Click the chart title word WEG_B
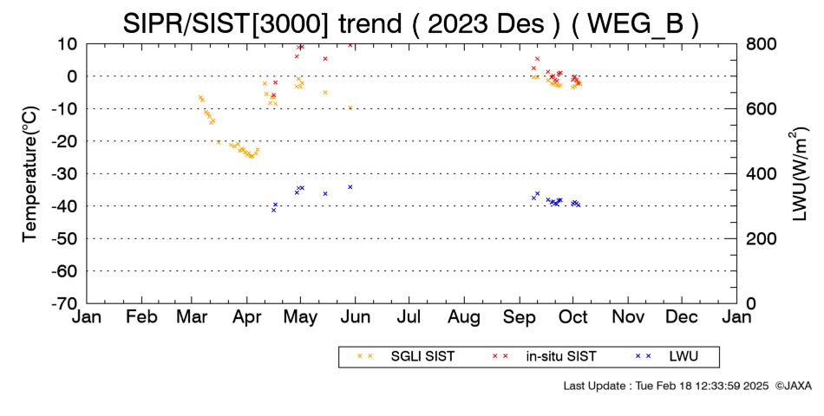(x=634, y=23)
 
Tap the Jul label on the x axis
(x=409, y=316)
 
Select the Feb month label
(x=142, y=316)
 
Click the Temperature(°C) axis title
(x=31, y=174)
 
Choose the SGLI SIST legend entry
(x=422, y=357)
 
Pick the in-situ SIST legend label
(x=561, y=357)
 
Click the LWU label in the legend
(x=683, y=357)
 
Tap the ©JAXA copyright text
(x=793, y=386)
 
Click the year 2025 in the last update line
(x=756, y=386)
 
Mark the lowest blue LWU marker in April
(x=273, y=210)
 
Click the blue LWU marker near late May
(x=350, y=187)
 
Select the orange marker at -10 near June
(x=350, y=107)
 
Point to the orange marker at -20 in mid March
(x=219, y=142)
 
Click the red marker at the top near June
(x=350, y=45)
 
